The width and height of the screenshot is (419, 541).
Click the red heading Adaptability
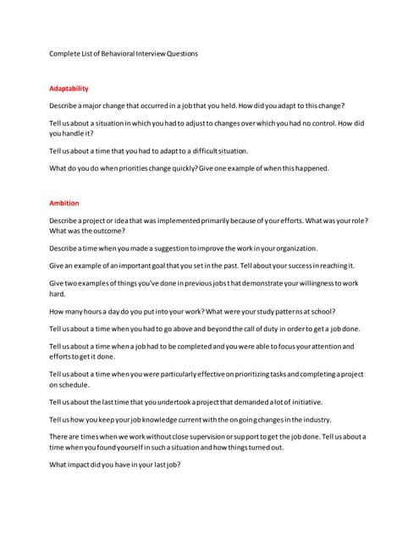pyautogui.click(x=69, y=89)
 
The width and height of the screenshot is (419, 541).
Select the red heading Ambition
pyautogui.click(x=64, y=203)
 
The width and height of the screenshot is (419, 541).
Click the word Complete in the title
pyautogui.click(x=65, y=54)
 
